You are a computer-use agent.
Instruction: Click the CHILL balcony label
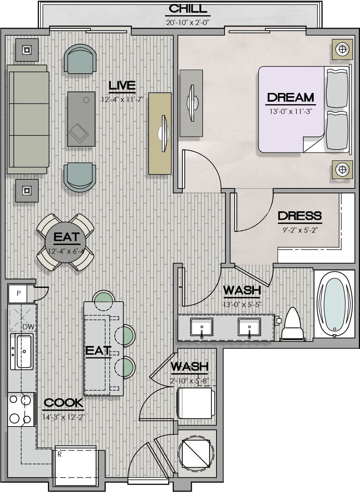[188, 9]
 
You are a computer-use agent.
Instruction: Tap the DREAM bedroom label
[290, 98]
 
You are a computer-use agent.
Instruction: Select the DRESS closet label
[300, 216]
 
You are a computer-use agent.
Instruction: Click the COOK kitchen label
[63, 403]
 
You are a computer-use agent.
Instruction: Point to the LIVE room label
[122, 86]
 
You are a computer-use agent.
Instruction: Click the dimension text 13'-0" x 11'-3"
[291, 111]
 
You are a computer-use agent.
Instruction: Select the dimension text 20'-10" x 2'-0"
[187, 23]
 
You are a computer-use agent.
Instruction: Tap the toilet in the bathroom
[292, 324]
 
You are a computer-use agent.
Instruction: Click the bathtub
[334, 304]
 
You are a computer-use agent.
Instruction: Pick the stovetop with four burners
[21, 410]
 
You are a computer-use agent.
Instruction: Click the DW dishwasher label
[28, 327]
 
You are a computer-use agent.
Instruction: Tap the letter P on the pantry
[19, 293]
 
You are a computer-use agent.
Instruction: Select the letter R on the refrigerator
[60, 455]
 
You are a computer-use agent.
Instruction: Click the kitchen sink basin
[24, 352]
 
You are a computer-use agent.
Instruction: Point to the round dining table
[65, 242]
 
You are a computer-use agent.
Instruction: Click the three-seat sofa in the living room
[28, 119]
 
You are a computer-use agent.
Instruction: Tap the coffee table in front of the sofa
[81, 119]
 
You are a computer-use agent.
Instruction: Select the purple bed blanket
[291, 109]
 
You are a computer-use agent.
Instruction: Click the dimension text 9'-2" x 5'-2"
[300, 230]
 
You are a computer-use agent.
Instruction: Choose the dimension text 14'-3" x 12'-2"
[64, 417]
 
